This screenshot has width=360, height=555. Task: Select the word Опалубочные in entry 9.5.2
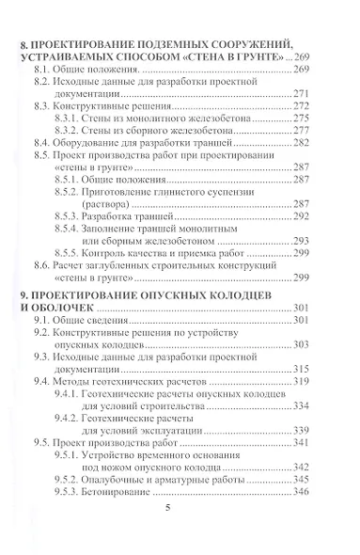coord(149,478)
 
